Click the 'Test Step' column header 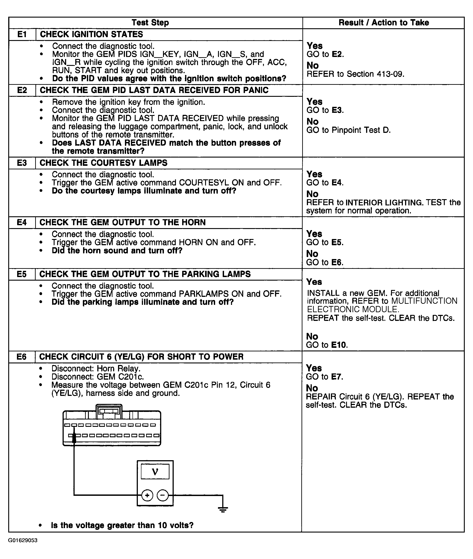click(x=150, y=23)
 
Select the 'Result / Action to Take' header click(x=383, y=23)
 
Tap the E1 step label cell click(x=22, y=34)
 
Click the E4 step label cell click(x=22, y=223)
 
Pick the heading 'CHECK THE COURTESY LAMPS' click(x=104, y=163)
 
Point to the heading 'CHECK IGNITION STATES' click(x=92, y=34)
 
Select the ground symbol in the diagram click(x=222, y=509)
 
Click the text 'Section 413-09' click(x=375, y=74)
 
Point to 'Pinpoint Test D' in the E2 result click(x=361, y=130)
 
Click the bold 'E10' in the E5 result click(x=339, y=345)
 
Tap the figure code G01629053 click(x=22, y=540)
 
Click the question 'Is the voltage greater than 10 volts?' click(x=122, y=525)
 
